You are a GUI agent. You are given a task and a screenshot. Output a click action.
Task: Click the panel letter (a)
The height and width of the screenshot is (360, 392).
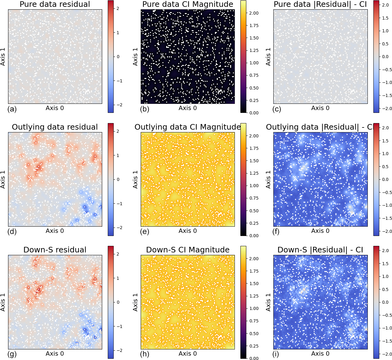[12, 109]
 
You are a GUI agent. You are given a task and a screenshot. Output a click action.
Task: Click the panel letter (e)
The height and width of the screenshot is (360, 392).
[145, 232]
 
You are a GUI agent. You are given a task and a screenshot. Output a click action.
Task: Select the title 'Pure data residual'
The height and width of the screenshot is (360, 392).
[55, 4]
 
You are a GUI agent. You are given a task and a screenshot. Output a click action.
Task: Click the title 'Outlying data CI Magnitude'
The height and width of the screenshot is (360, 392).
[188, 127]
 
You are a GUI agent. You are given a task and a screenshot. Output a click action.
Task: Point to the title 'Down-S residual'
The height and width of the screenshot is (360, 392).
[55, 250]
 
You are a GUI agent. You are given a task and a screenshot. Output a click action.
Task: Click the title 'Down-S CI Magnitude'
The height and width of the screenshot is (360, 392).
[188, 250]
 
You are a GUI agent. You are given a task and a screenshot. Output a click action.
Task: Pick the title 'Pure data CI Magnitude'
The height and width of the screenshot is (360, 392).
[188, 4]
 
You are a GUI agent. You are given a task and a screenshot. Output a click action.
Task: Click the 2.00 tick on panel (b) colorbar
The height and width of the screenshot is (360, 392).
[254, 13]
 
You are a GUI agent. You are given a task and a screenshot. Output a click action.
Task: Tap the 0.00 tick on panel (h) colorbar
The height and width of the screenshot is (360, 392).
[254, 358]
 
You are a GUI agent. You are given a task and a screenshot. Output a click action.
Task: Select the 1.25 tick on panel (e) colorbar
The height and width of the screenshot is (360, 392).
[254, 173]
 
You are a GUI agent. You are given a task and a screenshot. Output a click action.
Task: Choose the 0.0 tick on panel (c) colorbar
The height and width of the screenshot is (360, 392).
[385, 57]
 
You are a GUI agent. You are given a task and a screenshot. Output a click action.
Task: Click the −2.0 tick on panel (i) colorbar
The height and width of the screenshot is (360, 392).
[385, 354]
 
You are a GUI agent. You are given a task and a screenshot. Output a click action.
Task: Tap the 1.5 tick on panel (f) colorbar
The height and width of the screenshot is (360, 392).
[385, 141]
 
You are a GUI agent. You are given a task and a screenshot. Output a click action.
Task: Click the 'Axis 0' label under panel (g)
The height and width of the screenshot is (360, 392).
[55, 354]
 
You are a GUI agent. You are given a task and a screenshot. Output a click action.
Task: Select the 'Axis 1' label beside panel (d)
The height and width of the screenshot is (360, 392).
[3, 179]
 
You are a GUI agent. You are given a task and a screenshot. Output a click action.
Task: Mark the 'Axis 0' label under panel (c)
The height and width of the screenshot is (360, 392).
[320, 108]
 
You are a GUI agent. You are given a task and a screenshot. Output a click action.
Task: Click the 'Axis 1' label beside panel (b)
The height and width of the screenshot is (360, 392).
[135, 57]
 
